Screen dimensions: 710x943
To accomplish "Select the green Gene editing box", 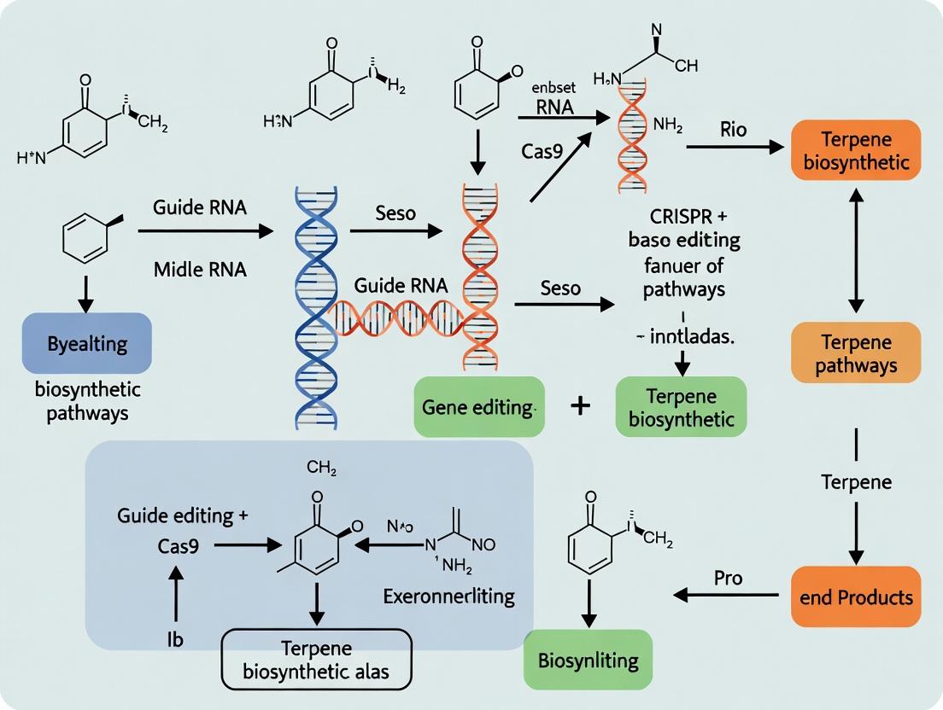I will [477, 407].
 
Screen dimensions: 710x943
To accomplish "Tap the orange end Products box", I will [861, 597].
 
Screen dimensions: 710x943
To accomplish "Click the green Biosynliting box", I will [589, 661].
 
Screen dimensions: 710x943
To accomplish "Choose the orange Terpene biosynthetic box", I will [857, 150].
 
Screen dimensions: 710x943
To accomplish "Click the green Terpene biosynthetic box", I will [681, 407].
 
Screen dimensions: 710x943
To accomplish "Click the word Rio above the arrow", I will [733, 129].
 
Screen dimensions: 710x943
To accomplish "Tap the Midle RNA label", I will [200, 270].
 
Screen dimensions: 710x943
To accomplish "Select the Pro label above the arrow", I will [728, 578].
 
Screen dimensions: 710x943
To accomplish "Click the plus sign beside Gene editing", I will [580, 405].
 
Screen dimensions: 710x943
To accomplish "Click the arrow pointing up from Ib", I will [175, 596].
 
